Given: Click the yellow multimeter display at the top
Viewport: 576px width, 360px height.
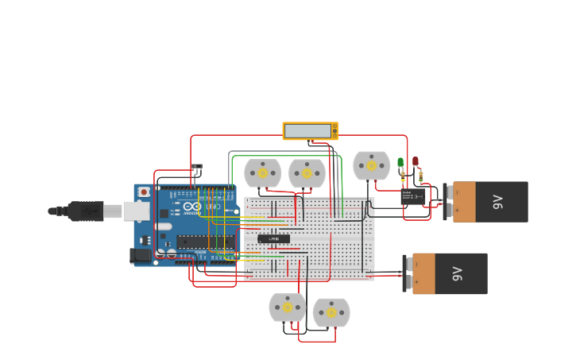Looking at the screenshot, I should tap(310, 130).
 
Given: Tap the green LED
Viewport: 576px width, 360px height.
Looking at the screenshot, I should tap(400, 163).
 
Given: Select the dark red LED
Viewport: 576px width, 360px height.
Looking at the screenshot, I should tap(415, 161).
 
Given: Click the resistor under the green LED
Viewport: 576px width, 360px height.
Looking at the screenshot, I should tap(403, 176).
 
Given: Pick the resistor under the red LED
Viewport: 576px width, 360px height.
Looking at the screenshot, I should tap(420, 176).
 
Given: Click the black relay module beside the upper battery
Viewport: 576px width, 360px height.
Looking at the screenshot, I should tap(413, 196).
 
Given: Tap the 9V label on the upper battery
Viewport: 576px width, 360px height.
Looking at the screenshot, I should tap(498, 202).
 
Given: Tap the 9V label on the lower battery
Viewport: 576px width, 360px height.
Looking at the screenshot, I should tap(457, 274).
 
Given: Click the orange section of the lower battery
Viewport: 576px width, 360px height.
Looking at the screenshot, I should tap(423, 274).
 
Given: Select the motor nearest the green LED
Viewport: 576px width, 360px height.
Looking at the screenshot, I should tap(371, 166).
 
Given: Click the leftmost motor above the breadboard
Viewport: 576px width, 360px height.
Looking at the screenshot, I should tap(262, 173).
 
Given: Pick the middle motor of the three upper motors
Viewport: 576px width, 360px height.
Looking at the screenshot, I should tap(307, 173).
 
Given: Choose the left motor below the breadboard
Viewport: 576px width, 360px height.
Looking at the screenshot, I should tap(287, 308).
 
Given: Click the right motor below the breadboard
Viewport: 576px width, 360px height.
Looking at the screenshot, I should tap(331, 312).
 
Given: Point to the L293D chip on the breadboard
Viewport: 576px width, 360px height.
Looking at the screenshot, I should tap(273, 238).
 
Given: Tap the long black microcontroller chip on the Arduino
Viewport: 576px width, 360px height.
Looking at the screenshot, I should tap(205, 242).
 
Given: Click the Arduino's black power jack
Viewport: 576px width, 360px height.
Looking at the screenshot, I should tap(141, 255).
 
